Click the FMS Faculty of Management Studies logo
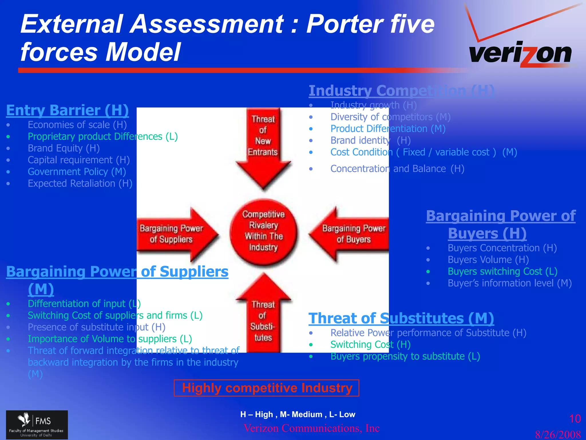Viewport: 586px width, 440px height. point(37,425)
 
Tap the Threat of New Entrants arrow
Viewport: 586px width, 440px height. point(263,143)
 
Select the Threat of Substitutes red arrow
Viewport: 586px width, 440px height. point(263,318)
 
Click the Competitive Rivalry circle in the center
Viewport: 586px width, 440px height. point(263,231)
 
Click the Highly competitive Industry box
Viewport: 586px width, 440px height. point(266,388)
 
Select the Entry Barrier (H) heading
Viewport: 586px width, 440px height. point(67,110)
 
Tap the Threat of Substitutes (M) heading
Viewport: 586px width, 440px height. point(401,318)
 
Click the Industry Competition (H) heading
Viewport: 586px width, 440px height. point(401,91)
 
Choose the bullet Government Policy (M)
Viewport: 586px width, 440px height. point(77,172)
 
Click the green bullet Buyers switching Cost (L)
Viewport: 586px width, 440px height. point(502,271)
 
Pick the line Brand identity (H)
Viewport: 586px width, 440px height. point(370,140)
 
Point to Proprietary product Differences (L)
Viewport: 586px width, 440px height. point(102,136)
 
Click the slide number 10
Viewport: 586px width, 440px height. point(575,419)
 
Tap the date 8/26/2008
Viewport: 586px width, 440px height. point(558,434)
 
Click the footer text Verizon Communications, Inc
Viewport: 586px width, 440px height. point(311,428)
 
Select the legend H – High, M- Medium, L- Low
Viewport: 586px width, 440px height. point(298,414)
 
